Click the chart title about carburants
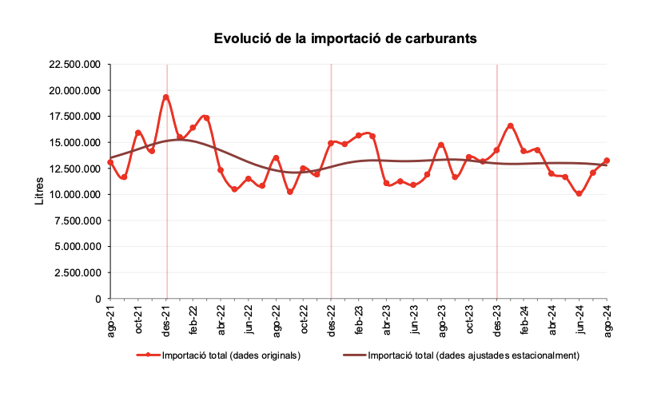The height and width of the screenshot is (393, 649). coord(345,38)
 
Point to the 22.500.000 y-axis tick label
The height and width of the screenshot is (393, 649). coord(74,65)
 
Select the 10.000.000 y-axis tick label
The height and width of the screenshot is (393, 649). coord(74,195)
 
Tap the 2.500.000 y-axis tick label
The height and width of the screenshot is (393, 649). coord(77,273)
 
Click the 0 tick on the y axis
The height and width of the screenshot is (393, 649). coord(98,299)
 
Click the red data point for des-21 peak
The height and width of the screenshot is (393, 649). coord(165,97)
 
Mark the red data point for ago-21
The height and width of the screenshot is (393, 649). coord(110,162)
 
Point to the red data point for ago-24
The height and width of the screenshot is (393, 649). coord(607,161)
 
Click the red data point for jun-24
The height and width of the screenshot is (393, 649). coord(579,194)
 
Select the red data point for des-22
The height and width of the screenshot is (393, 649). coord(331,143)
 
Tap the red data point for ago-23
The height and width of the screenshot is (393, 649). coord(441,145)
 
